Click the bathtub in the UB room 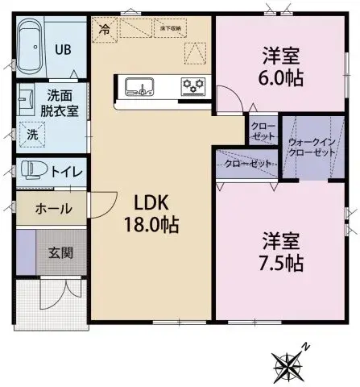[x=33, y=48]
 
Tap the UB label [x=63, y=48]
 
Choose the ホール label [x=53, y=209]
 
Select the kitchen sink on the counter [x=139, y=85]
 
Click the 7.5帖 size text [x=280, y=262]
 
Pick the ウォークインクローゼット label [x=312, y=148]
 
